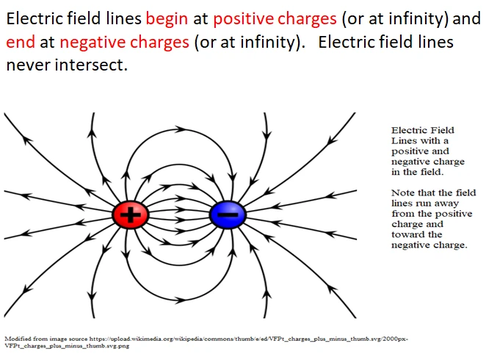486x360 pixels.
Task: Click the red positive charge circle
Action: pos(131,215)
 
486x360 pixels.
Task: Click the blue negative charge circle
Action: pos(228,215)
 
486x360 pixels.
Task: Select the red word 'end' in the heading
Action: pos(20,42)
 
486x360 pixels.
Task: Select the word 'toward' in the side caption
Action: pos(406,234)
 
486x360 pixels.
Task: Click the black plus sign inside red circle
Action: pos(131,215)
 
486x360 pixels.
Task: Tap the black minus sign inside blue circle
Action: pos(228,215)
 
